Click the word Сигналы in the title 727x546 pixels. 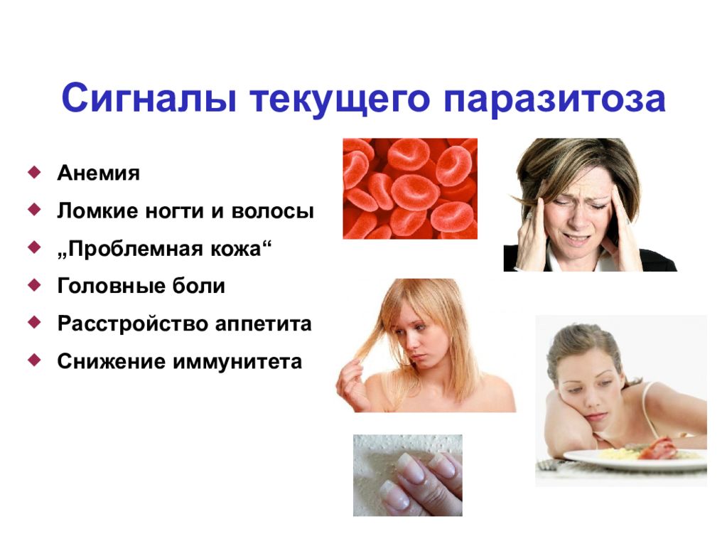[x=149, y=98]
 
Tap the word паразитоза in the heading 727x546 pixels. [x=554, y=100]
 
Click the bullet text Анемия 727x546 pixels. [x=98, y=173]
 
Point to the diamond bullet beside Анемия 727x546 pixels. [x=34, y=173]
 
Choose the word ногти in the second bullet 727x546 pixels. [x=175, y=211]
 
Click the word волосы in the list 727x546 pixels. [x=273, y=212]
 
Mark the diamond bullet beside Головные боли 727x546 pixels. [x=34, y=285]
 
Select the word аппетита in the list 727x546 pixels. [x=264, y=323]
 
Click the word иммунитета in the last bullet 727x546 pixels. [x=237, y=361]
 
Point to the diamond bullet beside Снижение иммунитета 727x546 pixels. [x=34, y=360]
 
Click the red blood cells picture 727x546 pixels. [x=410, y=189]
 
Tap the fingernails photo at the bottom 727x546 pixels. [x=407, y=475]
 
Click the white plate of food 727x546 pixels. [x=635, y=456]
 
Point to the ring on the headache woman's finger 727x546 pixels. [x=529, y=215]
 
